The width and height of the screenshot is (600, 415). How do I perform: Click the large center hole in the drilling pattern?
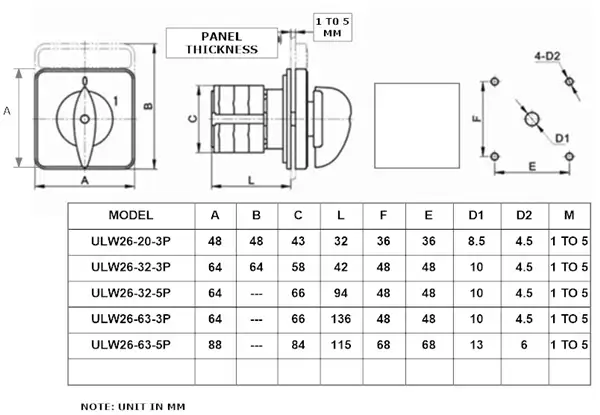click(x=531, y=119)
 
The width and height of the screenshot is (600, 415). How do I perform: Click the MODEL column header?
click(x=129, y=215)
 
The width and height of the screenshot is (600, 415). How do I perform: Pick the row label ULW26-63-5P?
click(x=129, y=344)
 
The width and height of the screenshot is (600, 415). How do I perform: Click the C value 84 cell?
click(x=299, y=344)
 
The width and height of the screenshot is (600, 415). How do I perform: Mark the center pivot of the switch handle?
click(x=84, y=119)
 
